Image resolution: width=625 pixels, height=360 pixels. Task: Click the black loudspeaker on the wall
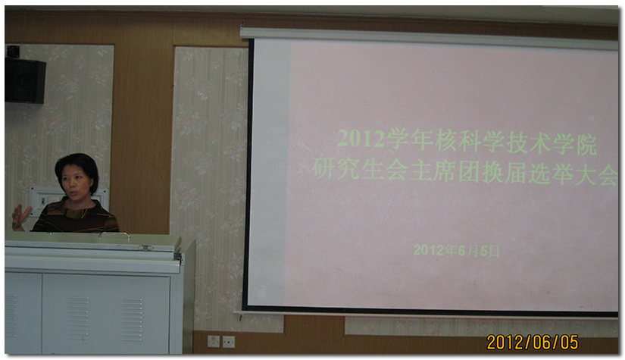tap(25, 80)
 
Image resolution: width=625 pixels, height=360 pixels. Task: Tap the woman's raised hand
tap(20, 218)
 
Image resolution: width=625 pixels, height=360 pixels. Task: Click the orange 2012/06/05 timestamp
tap(533, 342)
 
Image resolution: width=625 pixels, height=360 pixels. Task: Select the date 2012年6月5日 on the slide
tap(456, 250)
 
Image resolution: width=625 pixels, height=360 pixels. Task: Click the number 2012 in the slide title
tap(361, 139)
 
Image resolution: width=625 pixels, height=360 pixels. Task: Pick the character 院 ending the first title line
tap(586, 144)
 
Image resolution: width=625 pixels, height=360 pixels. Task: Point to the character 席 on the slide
tap(444, 171)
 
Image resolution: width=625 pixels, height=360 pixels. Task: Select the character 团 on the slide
tap(469, 172)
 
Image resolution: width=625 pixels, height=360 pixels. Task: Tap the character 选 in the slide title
tap(539, 174)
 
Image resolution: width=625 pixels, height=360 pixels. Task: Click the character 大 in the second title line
tap(586, 174)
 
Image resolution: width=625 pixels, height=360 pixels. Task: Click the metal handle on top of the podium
tap(114, 235)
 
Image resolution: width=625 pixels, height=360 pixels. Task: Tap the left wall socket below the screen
tap(213, 341)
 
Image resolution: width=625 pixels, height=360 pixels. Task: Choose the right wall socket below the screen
tap(228, 342)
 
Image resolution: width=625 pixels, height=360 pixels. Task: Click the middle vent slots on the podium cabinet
tap(78, 318)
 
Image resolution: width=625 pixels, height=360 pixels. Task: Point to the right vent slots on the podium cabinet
tap(132, 319)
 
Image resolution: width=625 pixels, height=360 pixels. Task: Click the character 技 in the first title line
tap(516, 142)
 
